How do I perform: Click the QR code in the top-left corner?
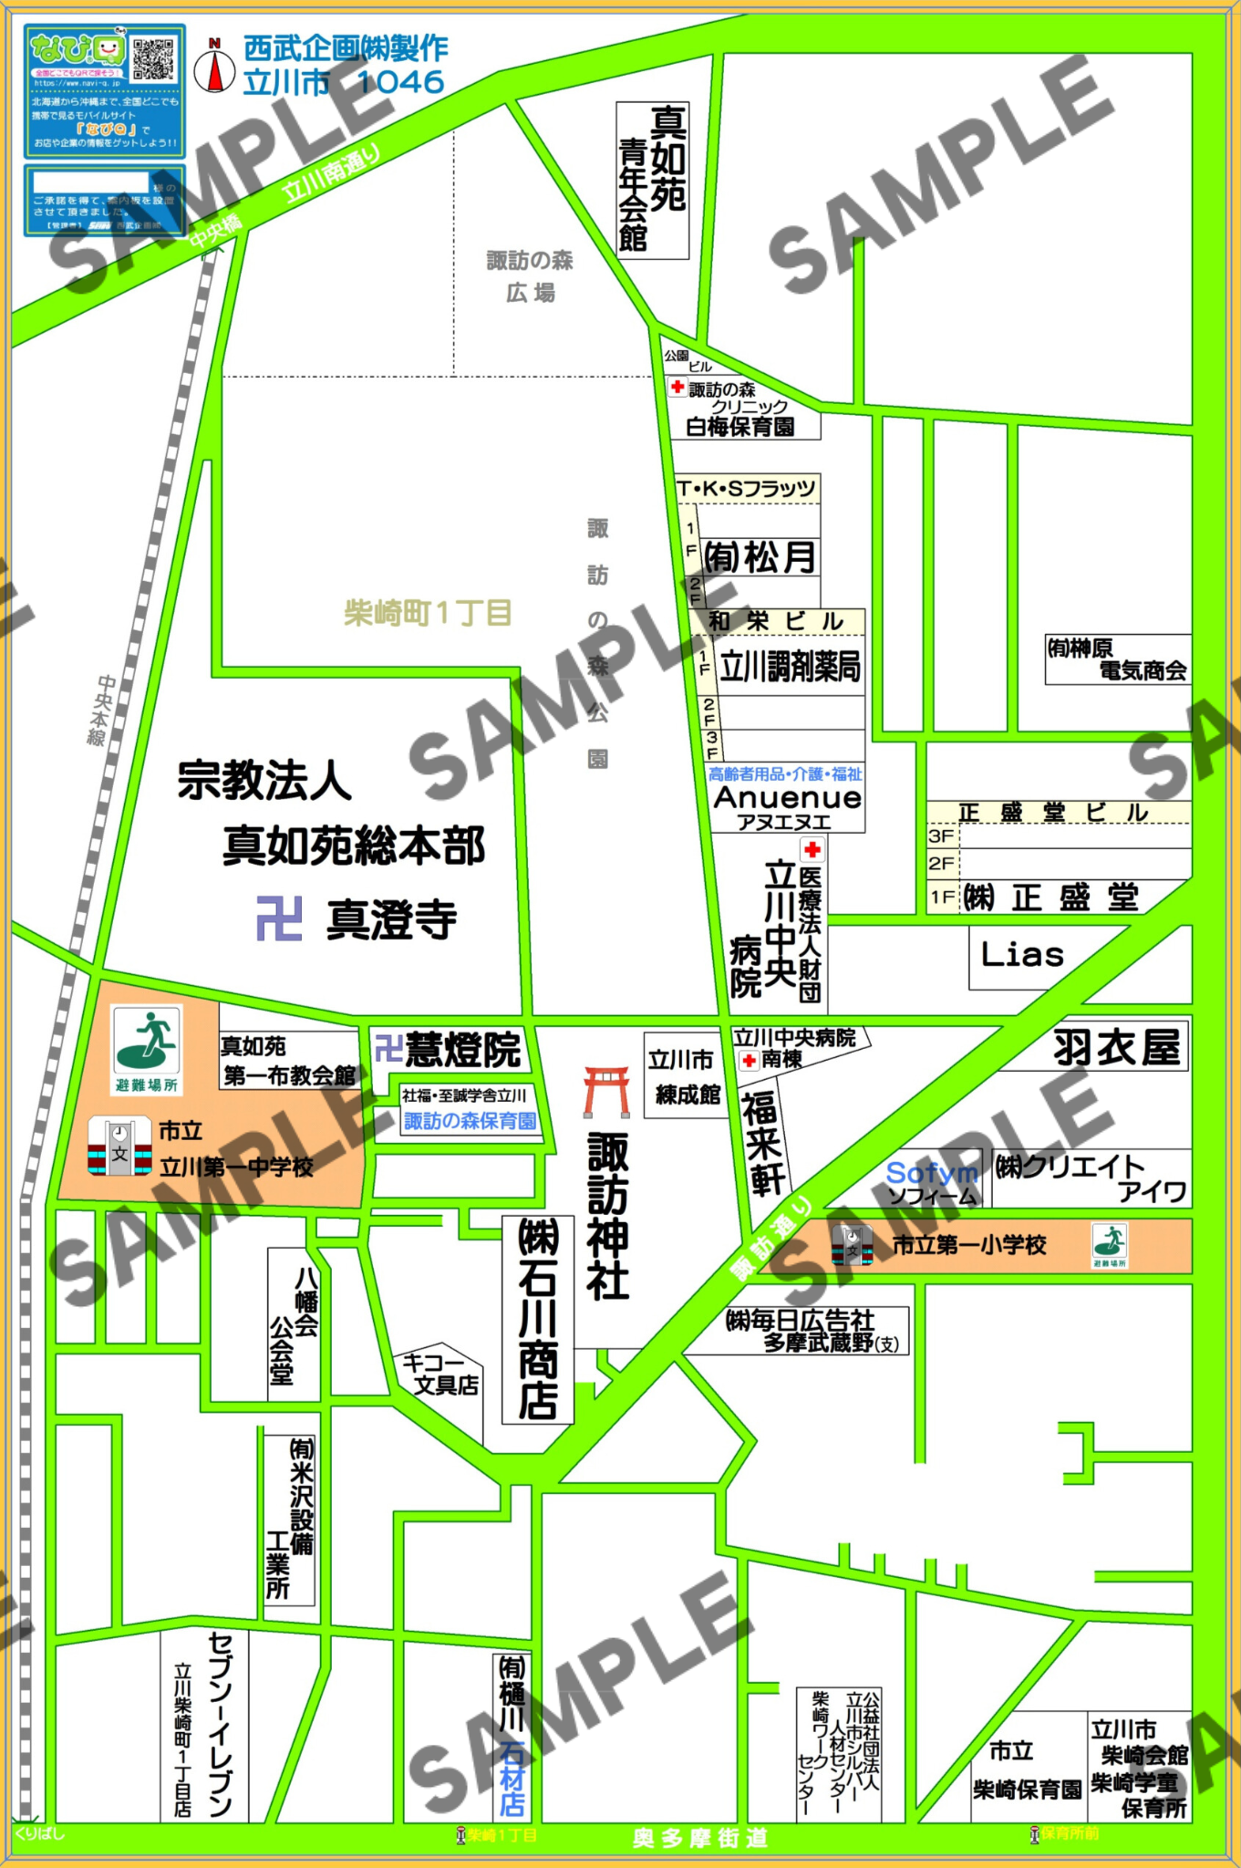153,58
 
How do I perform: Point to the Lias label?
1022,955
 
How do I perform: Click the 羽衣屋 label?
1117,1047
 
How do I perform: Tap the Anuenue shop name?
787,797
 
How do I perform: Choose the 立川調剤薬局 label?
790,668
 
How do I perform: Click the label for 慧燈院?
462,1050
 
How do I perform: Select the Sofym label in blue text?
931,1173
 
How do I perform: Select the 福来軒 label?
763,1143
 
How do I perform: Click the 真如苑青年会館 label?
652,179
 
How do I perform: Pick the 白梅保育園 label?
739,427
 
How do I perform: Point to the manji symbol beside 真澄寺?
279,918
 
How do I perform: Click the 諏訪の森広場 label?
531,276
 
